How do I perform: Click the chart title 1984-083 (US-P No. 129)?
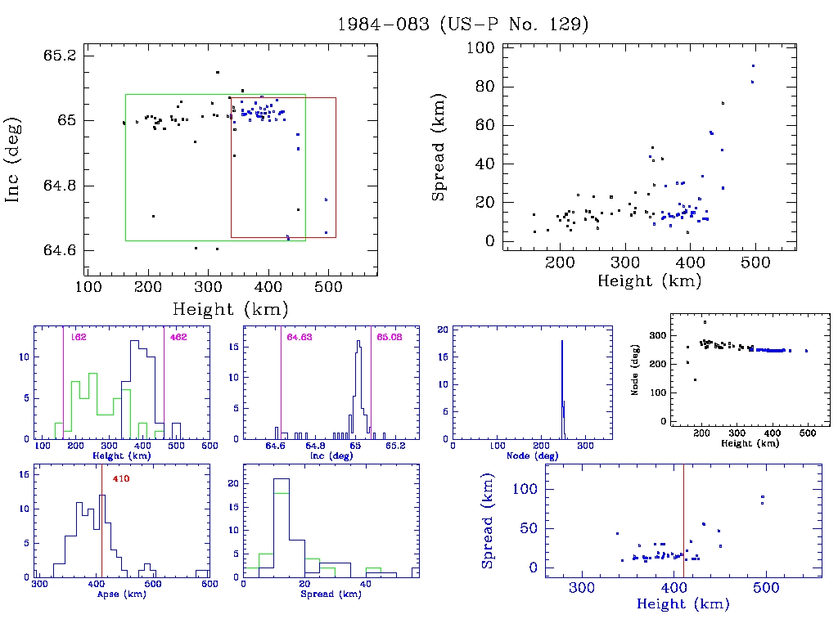pos(462,24)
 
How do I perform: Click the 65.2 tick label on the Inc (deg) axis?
pos(60,56)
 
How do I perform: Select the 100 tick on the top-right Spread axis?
pos(477,48)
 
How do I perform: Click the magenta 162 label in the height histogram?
pos(79,337)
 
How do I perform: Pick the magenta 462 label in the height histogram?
pos(178,337)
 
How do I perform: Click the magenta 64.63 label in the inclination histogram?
pos(300,337)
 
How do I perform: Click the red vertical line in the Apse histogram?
pos(101,532)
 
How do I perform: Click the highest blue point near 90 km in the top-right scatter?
pos(753,65)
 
